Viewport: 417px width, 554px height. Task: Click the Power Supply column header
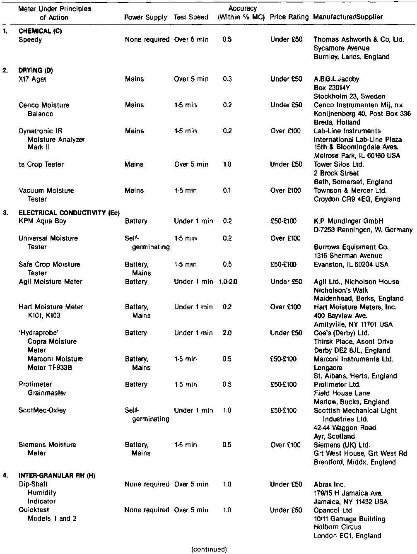tap(145, 17)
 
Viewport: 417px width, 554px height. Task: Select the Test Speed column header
tap(191, 17)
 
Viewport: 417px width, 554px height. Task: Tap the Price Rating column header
tap(289, 17)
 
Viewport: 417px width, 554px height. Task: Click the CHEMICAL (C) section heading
tap(40, 31)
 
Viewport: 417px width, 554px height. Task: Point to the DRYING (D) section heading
tap(36, 70)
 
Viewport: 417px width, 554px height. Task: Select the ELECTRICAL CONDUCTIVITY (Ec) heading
tap(69, 213)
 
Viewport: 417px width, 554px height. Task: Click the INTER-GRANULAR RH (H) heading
tap(57, 476)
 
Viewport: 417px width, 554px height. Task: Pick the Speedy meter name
tap(30, 40)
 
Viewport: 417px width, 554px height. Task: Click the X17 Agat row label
tap(32, 79)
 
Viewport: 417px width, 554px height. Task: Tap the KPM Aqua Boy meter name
tap(42, 221)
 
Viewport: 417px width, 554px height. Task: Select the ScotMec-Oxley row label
tap(42, 410)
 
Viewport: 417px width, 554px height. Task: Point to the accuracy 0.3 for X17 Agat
tap(227, 79)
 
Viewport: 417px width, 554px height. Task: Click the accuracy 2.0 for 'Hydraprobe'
tap(227, 333)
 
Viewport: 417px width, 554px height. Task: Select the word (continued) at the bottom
tap(209, 549)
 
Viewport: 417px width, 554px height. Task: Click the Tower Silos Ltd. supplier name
tap(339, 164)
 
